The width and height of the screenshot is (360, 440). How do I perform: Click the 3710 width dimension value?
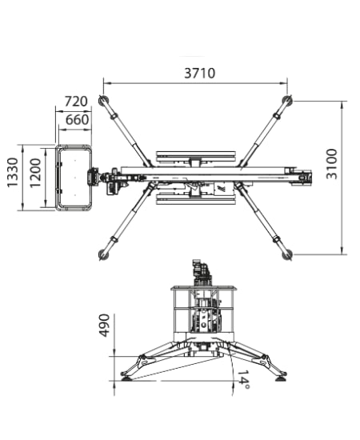199,74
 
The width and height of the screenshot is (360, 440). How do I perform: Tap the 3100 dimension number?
332,164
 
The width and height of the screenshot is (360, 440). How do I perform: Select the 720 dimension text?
76,102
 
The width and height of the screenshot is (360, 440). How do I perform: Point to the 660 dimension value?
77,120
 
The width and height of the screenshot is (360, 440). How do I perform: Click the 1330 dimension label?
13,172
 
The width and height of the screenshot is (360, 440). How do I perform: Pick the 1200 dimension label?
35,173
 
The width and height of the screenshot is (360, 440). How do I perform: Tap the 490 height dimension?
105,326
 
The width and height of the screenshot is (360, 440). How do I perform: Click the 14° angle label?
243,379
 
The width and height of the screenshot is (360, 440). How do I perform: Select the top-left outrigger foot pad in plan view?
103,100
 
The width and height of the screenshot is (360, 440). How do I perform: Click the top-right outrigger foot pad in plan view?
287,100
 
